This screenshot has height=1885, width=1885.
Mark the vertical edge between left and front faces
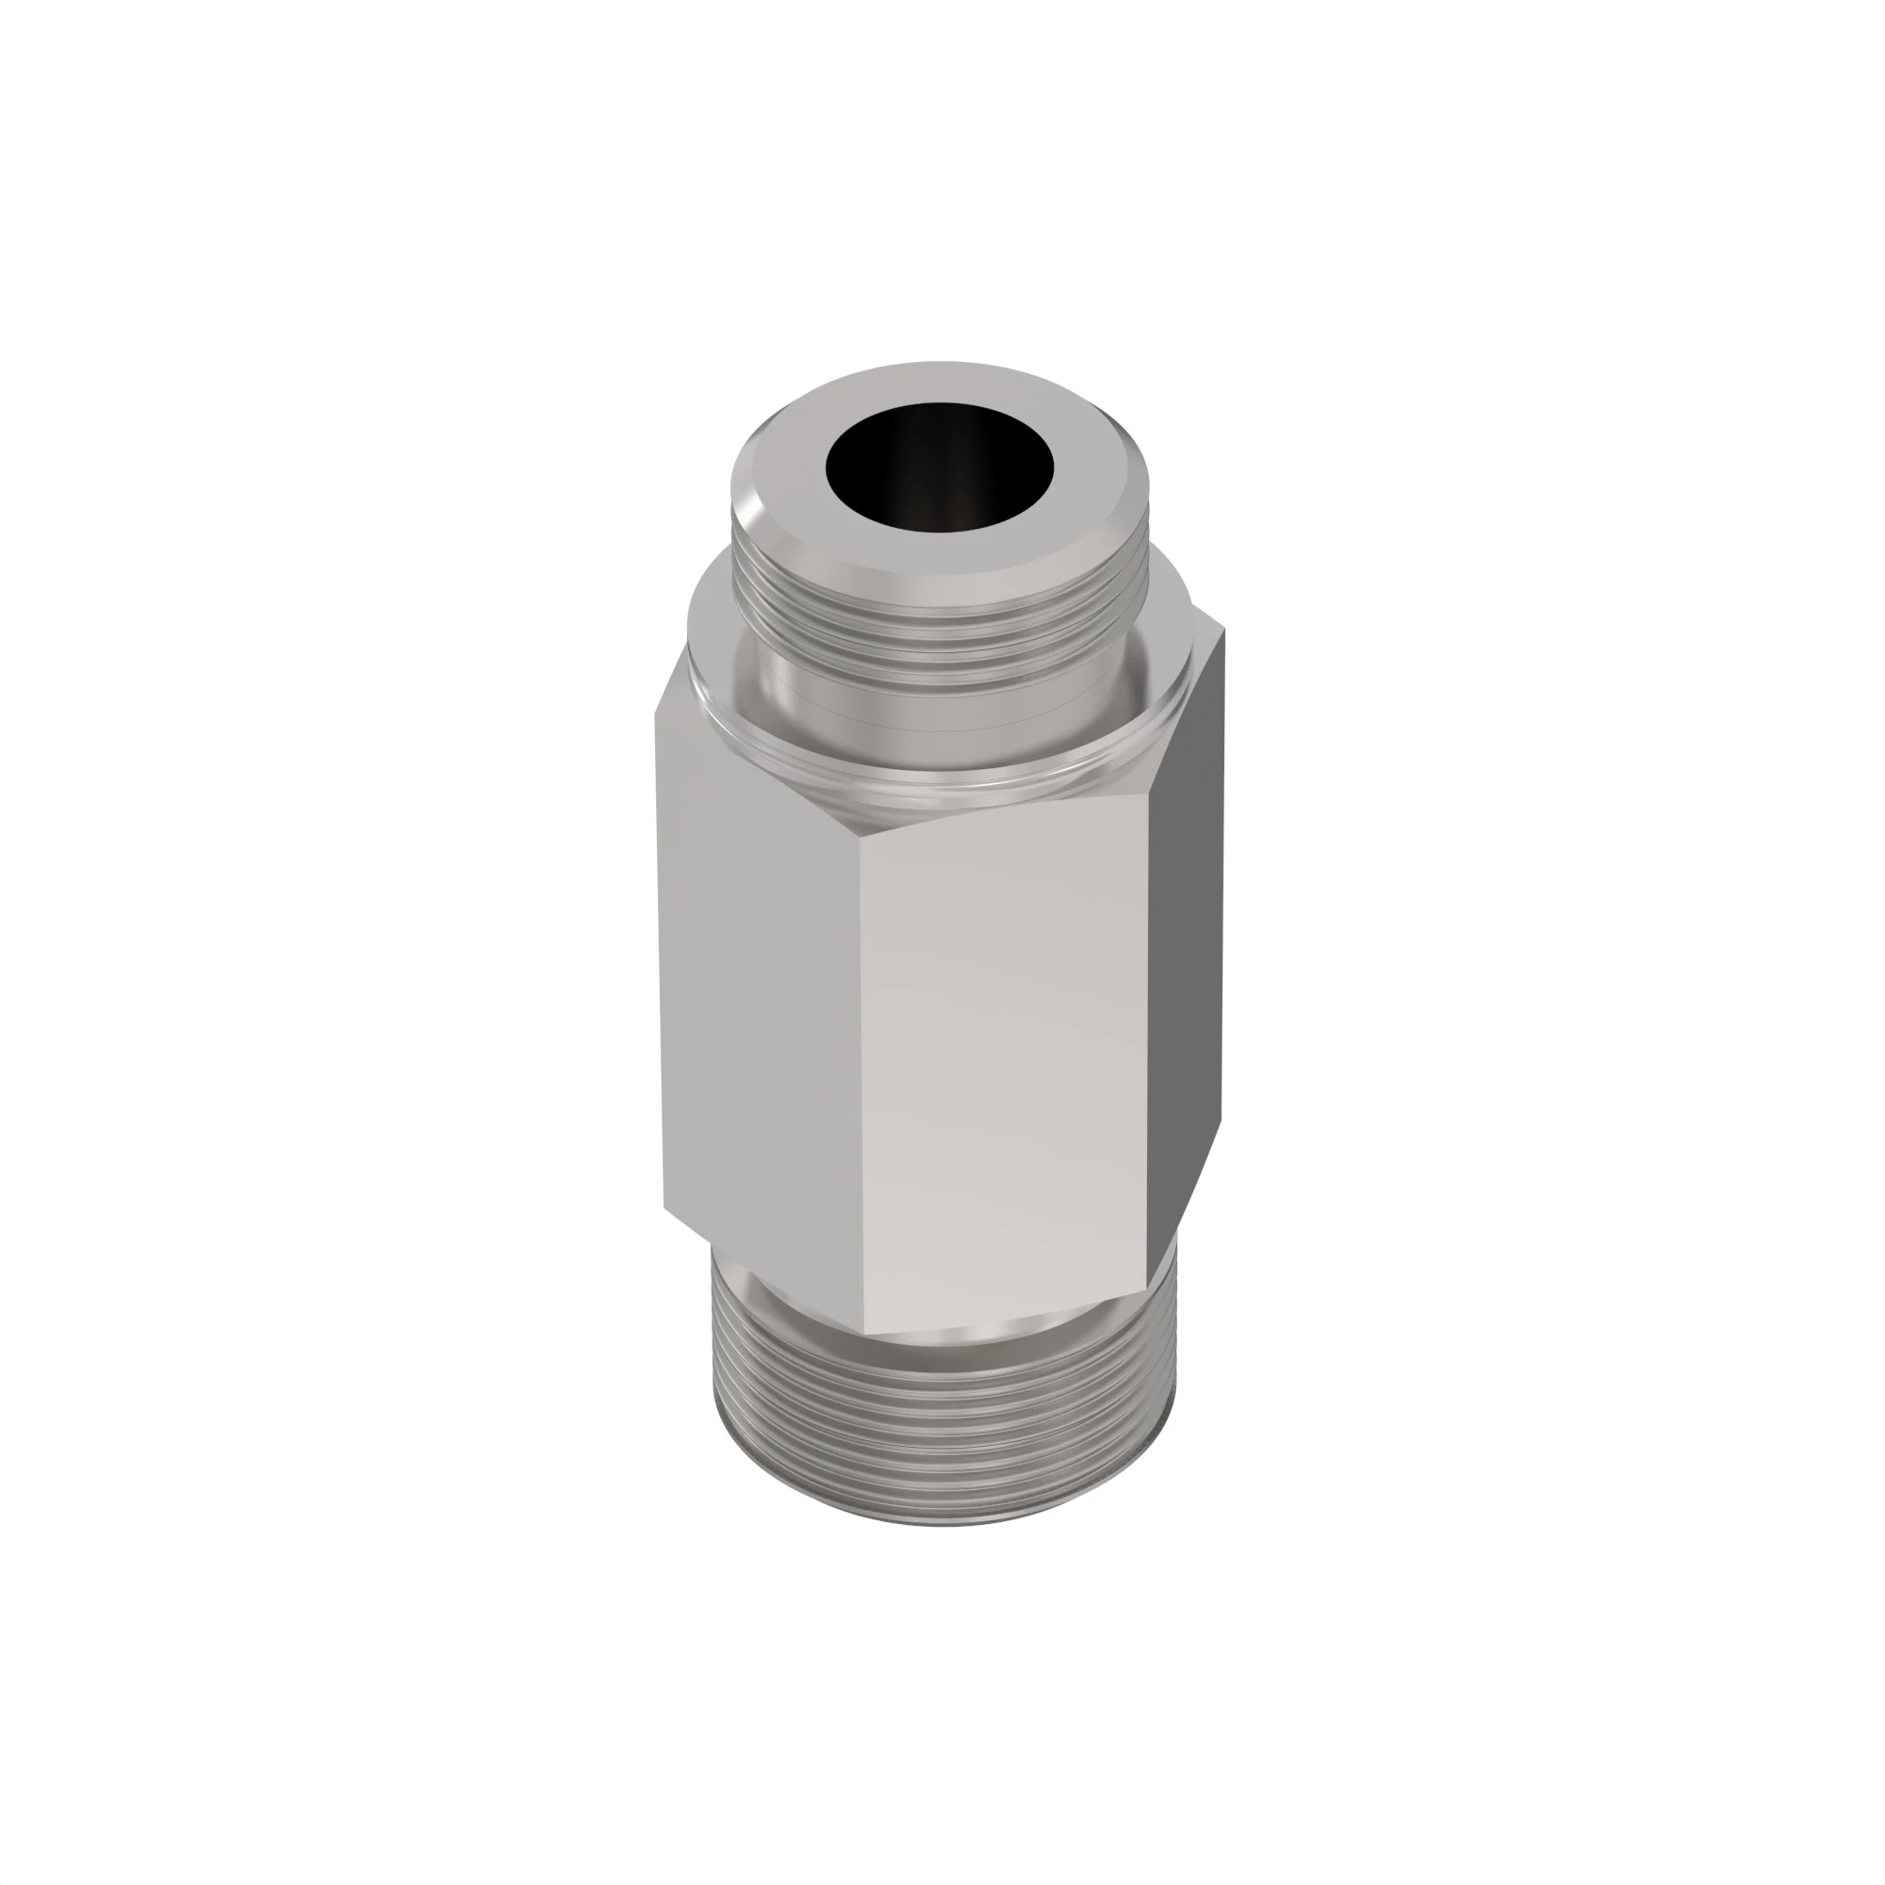pyautogui.click(x=861, y=1074)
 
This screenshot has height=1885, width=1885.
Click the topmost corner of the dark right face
pyautogui.click(x=1222, y=630)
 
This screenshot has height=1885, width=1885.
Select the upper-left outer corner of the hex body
pyautogui.click(x=656, y=715)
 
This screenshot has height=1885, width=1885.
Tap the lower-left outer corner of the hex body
pyautogui.click(x=664, y=1208)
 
